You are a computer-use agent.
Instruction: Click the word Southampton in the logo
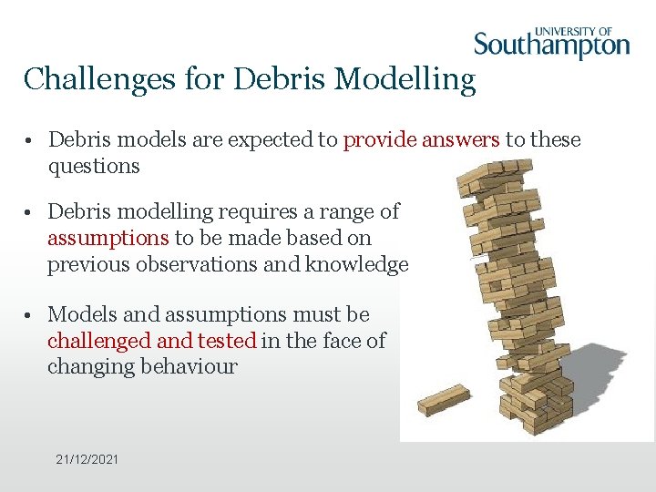click(551, 45)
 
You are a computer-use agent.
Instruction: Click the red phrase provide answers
click(421, 139)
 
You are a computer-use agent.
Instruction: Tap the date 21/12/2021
click(87, 459)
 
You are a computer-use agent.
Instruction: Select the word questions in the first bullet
click(94, 166)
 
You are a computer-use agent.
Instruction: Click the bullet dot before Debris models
click(30, 140)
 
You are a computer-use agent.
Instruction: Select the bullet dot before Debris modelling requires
click(30, 212)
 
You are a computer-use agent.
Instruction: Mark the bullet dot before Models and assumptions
click(30, 315)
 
